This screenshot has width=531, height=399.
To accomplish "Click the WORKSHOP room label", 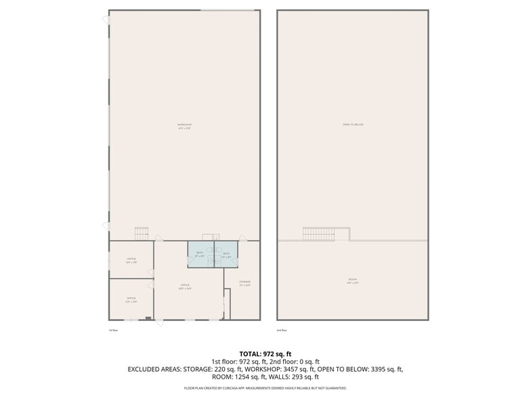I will (x=184, y=125).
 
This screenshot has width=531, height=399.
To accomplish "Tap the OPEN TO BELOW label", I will (x=353, y=124).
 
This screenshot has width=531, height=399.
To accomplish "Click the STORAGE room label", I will (x=245, y=282).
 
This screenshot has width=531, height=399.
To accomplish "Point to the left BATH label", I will (x=200, y=254).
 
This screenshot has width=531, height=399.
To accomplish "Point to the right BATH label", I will (x=226, y=254).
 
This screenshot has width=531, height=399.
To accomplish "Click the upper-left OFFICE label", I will (x=131, y=260).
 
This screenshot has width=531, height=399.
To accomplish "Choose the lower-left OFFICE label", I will (x=131, y=299).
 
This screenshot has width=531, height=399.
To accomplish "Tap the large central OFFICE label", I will (x=185, y=286).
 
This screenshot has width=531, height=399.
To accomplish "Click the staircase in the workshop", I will (x=141, y=233).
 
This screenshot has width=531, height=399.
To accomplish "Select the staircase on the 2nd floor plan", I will (x=318, y=234).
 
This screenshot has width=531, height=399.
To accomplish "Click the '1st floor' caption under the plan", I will (x=113, y=330).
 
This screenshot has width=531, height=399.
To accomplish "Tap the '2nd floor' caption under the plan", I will (x=282, y=330).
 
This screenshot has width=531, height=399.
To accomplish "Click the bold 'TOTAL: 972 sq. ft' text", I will (x=265, y=354).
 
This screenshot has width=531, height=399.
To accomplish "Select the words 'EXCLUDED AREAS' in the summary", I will (x=154, y=369).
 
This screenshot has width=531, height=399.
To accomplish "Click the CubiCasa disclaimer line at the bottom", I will (x=265, y=388).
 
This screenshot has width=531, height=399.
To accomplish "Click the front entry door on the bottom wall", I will (x=160, y=322).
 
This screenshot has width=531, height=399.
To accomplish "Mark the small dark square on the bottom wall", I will (x=148, y=318).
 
